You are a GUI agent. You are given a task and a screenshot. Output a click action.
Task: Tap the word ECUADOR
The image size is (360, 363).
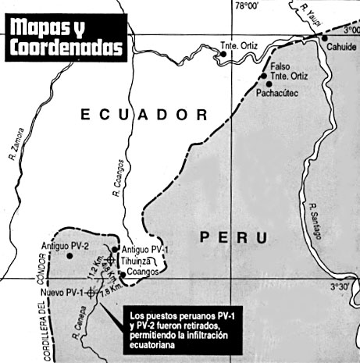(x=145, y=115)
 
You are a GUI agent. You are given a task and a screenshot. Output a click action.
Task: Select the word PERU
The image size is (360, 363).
(x=231, y=237)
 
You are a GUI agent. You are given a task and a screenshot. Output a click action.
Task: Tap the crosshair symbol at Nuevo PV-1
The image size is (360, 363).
(x=91, y=292)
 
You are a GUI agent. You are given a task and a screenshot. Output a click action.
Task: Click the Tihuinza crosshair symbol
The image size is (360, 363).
(x=111, y=260)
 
